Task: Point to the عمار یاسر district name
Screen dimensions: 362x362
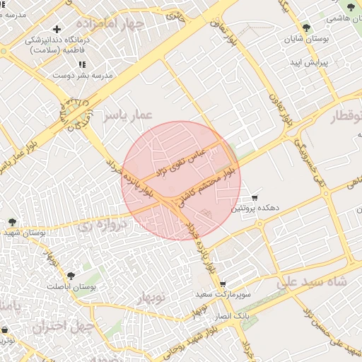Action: pos(127,115)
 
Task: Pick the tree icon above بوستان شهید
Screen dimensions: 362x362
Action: pos(11,221)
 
